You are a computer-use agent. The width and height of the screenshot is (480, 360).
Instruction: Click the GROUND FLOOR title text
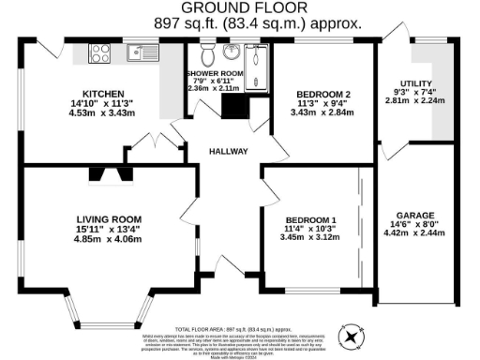pos(239,10)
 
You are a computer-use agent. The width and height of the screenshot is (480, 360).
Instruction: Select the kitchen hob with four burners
pos(99,54)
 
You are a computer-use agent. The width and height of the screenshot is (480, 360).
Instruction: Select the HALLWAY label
pos(228,150)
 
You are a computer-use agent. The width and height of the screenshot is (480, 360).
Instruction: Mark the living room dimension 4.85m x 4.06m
pos(108,239)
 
